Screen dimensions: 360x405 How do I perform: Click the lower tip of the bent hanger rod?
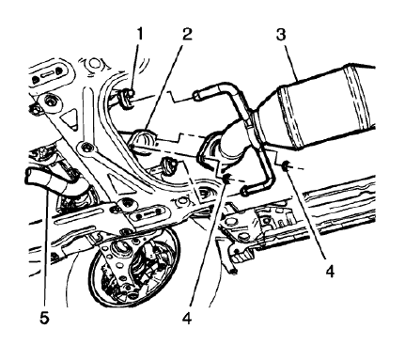click(246, 191)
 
